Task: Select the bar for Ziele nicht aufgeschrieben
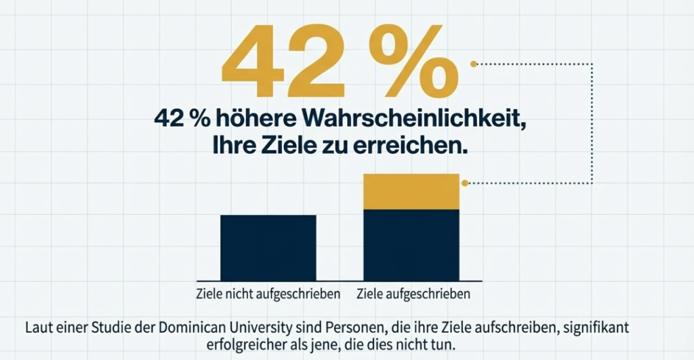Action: pyautogui.click(x=268, y=247)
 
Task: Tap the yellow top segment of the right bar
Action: pyautogui.click(x=411, y=192)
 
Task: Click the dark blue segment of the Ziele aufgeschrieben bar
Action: pyautogui.click(x=411, y=245)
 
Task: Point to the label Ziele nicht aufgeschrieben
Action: pyautogui.click(x=267, y=295)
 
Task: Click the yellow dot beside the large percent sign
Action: pyautogui.click(x=474, y=64)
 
